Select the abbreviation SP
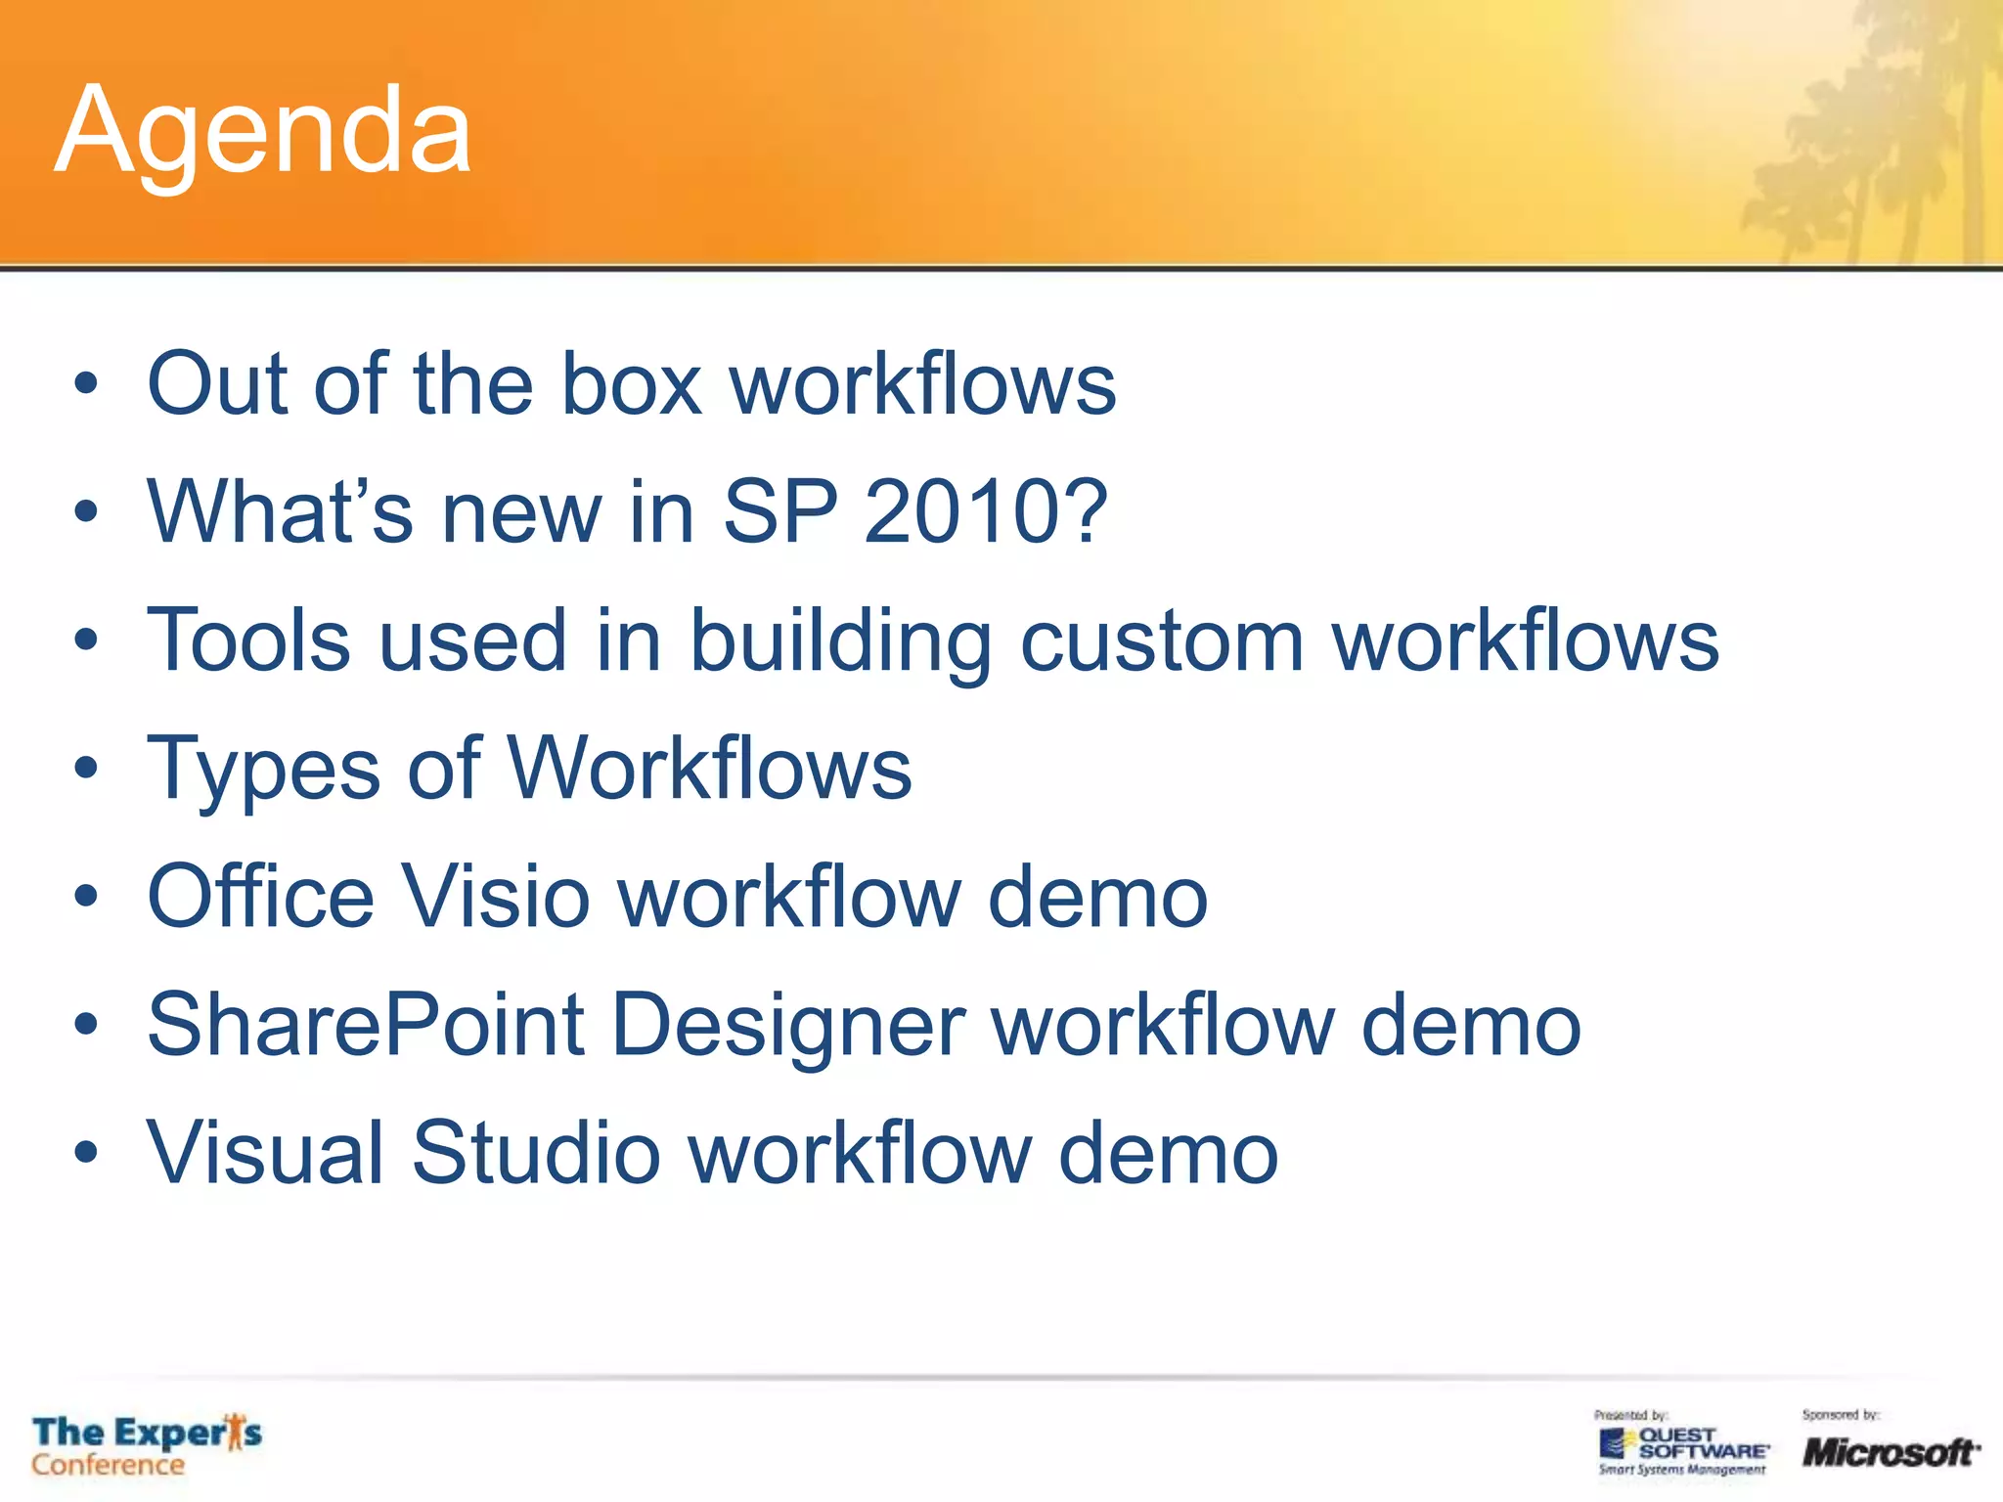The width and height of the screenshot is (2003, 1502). click(779, 511)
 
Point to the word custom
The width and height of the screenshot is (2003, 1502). click(1162, 642)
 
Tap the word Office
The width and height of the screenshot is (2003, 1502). click(260, 897)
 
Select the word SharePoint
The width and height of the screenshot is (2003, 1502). click(366, 1025)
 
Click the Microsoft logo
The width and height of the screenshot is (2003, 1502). click(1890, 1451)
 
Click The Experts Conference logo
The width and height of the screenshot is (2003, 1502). click(147, 1445)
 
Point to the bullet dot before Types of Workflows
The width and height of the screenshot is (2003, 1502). click(86, 769)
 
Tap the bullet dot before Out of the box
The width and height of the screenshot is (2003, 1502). click(86, 384)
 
